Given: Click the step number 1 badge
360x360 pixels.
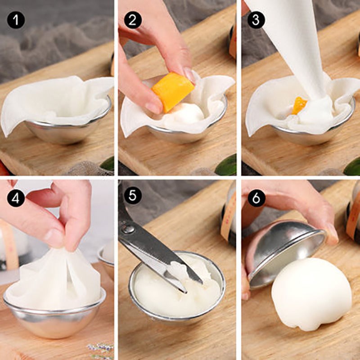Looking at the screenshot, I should pyautogui.click(x=15, y=20).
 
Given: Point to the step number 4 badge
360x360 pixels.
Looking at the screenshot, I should pyautogui.click(x=15, y=198).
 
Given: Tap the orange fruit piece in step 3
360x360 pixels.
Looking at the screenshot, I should pyautogui.click(x=299, y=106).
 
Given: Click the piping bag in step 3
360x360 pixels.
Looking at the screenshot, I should pyautogui.click(x=297, y=49).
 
